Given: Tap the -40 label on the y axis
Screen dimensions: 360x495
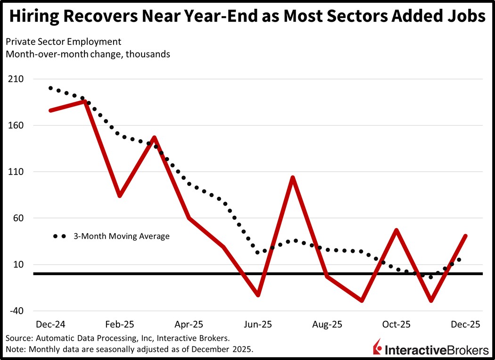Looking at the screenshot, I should pos(17,311).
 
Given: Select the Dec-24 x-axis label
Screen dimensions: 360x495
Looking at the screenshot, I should pos(50,325).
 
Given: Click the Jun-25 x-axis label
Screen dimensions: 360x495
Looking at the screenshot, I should pos(258,325).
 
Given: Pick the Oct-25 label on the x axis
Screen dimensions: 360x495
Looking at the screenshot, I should pos(396,325).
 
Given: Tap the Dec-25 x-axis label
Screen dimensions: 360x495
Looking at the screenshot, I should pos(465,325).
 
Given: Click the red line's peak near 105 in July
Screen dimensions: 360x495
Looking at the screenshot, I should pos(293,178).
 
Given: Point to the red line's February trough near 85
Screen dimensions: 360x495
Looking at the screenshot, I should pos(120,195).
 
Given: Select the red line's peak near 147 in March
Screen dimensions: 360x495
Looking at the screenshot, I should pos(154,138).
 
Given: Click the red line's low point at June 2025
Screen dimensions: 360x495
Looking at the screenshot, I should pos(258,295).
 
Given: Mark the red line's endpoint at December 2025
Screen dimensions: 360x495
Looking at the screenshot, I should pos(465,236).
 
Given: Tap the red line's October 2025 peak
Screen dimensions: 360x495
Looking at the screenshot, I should pos(396,230).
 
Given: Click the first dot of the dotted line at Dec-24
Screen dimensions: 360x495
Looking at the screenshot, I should pos(50,88).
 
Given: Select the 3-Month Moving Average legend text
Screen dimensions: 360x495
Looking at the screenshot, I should pos(121,236).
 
